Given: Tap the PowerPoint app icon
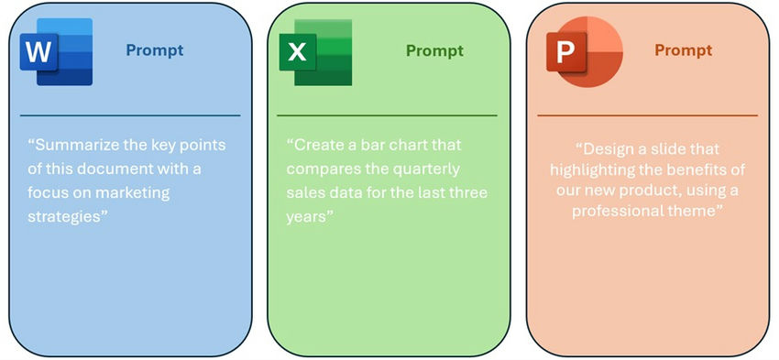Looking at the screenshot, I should click(580, 50).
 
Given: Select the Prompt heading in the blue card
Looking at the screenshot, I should click(155, 50).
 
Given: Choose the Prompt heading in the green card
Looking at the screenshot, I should click(434, 50).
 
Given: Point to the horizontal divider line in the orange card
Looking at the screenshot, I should click(646, 115).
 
